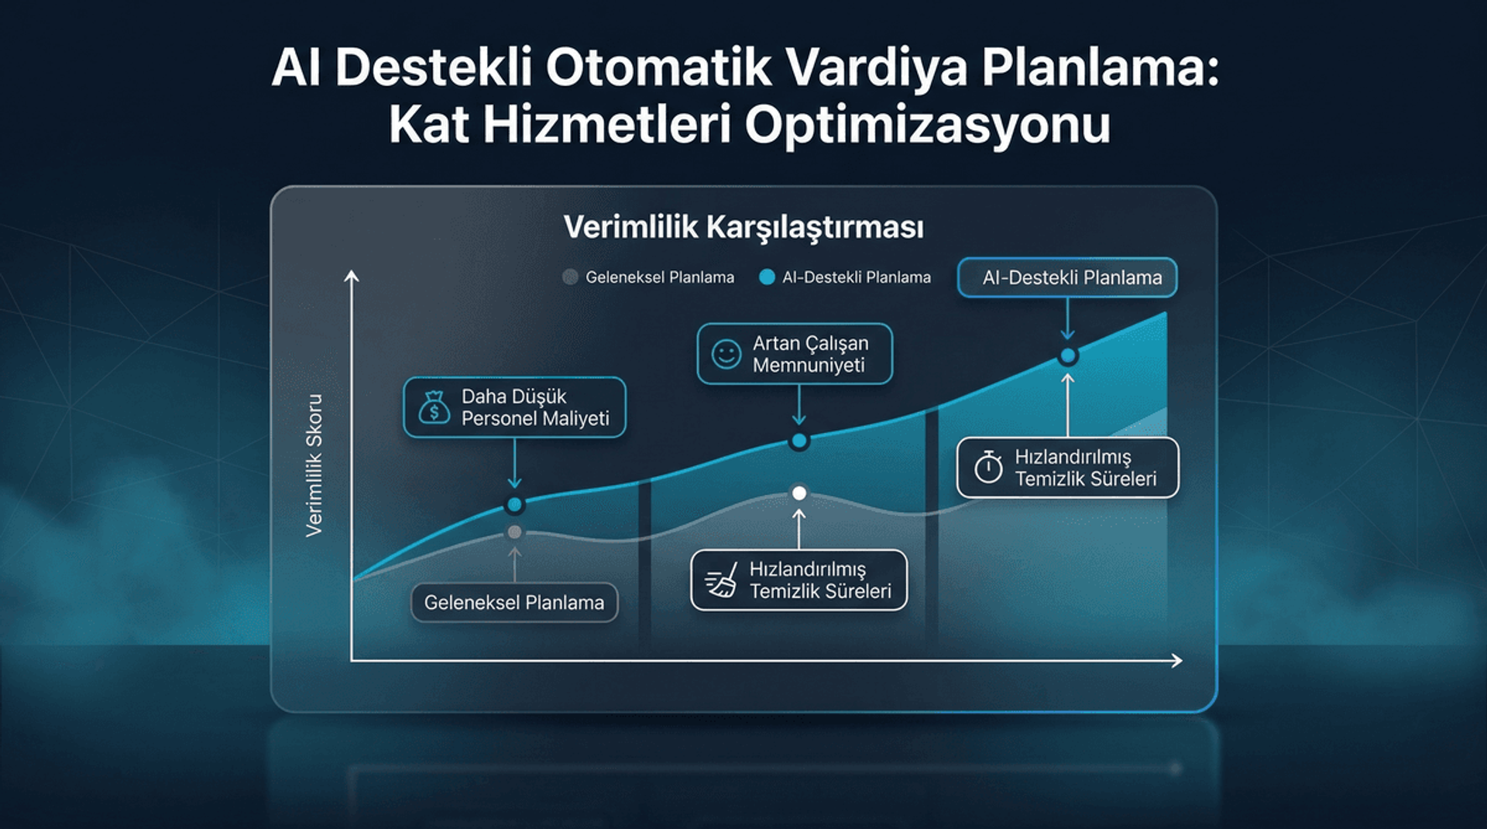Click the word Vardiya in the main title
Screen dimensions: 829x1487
point(877,68)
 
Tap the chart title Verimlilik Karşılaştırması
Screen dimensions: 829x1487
point(743,228)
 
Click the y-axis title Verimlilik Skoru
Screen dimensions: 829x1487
point(314,465)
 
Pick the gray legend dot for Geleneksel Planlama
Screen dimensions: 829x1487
point(570,277)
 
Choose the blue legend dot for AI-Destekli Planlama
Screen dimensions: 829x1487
point(767,277)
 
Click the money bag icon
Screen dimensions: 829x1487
point(434,408)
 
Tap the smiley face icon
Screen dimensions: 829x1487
point(726,354)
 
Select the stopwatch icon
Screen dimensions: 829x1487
point(988,467)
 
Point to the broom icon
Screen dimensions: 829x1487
point(721,581)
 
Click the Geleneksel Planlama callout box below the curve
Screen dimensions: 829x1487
point(514,603)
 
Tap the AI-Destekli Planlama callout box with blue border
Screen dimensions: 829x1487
point(1067,277)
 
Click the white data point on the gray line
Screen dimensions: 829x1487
point(799,493)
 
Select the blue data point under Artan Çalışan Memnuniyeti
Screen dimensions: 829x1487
point(799,441)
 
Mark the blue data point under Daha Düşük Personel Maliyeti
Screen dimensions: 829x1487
point(514,505)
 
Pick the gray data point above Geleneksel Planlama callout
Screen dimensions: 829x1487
point(514,532)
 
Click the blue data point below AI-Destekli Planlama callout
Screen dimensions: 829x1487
point(1068,356)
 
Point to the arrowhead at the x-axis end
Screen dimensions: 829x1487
point(1177,661)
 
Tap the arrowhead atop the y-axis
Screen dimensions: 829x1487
point(352,276)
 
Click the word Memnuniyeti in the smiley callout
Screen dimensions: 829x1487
point(809,365)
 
